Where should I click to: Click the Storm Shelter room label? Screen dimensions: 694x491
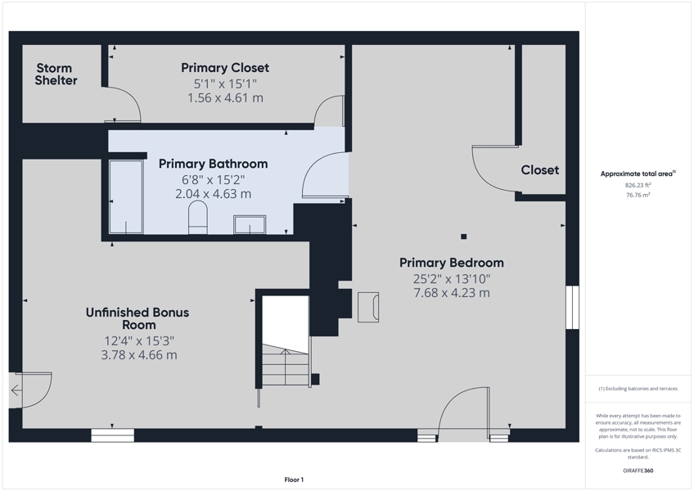tap(56, 74)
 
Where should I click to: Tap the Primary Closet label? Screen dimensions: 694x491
tap(225, 68)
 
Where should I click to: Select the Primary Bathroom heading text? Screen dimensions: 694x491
tap(213, 164)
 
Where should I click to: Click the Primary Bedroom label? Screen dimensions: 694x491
tap(452, 263)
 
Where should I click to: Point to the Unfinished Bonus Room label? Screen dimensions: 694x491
tap(137, 318)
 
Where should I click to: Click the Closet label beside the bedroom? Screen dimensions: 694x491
tap(539, 170)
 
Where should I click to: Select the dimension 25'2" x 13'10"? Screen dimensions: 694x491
tap(452, 279)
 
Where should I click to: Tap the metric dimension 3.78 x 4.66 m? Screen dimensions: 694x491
tap(139, 354)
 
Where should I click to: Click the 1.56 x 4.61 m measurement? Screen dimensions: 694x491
tap(225, 98)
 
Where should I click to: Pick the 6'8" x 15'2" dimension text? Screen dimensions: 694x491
tap(213, 180)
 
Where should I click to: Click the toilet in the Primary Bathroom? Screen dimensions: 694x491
tap(198, 217)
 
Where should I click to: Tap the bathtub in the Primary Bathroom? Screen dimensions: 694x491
tap(126, 196)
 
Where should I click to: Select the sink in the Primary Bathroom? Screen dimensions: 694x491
tap(250, 224)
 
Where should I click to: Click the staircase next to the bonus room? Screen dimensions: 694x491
tap(286, 364)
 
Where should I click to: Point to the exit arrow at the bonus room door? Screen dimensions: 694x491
tap(16, 390)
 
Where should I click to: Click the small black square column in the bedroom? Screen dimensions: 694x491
tap(463, 236)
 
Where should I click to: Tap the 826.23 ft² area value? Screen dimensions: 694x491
tap(638, 186)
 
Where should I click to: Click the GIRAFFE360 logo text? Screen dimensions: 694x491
tap(638, 471)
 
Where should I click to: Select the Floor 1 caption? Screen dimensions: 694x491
tap(294, 480)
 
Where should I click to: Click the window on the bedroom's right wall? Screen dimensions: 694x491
tap(572, 307)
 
